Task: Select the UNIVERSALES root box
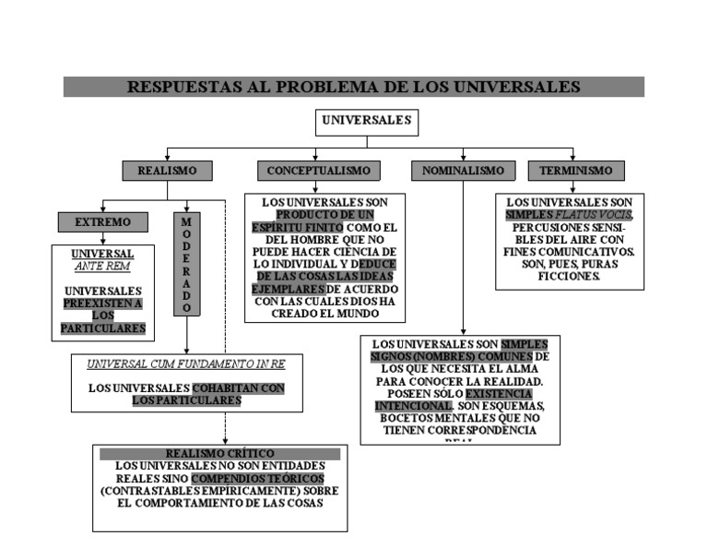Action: pos(366,121)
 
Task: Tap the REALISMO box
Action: pos(167,171)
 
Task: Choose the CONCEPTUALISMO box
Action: pos(318,171)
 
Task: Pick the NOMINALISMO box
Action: pos(463,171)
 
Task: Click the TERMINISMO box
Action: pos(575,171)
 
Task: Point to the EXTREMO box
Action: pos(102,222)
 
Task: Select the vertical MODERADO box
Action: pos(186,264)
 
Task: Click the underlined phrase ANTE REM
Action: pos(102,267)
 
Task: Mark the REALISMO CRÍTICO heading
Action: pos(219,453)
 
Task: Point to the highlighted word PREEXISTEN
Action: pos(102,303)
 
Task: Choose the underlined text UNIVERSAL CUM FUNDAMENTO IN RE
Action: pos(186,364)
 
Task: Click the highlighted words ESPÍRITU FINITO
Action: pos(298,227)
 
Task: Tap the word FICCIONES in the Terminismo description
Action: pos(570,276)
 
